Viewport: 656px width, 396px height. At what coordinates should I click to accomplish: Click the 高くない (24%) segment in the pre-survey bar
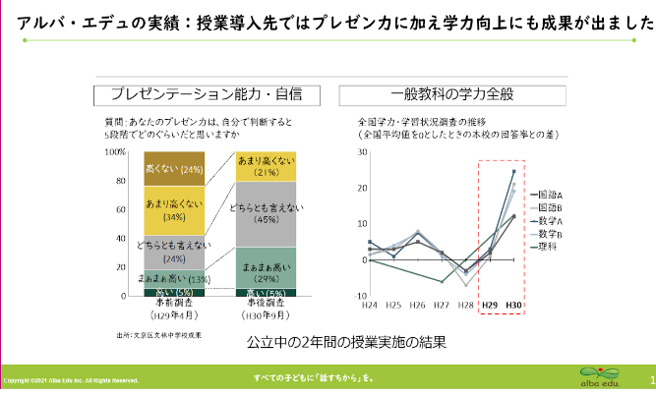(174, 169)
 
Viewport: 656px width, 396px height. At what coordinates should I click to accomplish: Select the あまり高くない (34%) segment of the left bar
(174, 210)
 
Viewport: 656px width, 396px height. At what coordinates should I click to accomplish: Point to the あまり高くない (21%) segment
(267, 166)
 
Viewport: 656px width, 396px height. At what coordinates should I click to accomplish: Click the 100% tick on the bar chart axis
(115, 153)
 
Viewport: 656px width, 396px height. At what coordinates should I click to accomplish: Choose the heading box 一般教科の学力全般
(452, 94)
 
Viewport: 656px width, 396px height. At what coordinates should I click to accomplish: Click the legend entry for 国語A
(550, 196)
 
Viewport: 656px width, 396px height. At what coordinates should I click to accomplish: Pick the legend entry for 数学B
(550, 235)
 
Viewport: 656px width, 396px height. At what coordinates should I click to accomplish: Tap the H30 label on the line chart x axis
(513, 306)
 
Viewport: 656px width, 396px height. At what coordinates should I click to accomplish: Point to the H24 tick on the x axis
(369, 306)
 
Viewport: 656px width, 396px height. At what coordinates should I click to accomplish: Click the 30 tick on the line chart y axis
(361, 152)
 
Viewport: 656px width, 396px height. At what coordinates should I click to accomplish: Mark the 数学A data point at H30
(513, 171)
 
